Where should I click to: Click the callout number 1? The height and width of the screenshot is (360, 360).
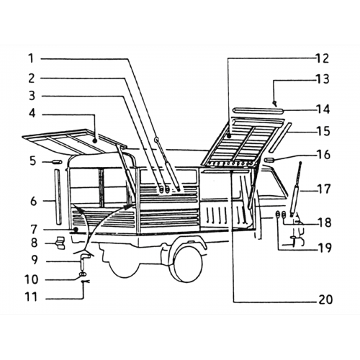point(31,58)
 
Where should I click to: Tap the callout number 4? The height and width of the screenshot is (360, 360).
point(32,113)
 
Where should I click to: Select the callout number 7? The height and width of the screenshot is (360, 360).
point(34,230)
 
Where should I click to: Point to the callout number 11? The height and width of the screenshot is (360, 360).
point(32,297)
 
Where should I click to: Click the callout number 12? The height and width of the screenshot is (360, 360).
point(323,58)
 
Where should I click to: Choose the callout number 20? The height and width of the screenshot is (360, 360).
point(325,300)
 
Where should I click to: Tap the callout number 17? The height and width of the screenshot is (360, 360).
point(324,189)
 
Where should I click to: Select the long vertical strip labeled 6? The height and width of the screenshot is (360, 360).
point(58,197)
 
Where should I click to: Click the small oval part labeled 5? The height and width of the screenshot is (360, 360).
point(57,162)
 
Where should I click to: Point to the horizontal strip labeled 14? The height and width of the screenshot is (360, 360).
point(258,110)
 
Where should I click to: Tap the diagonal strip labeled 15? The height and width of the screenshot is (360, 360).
point(280,138)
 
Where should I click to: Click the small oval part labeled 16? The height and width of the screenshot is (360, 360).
point(270,160)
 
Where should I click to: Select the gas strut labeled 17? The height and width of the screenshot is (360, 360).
point(295,189)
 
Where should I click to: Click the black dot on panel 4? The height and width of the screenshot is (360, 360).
point(95,141)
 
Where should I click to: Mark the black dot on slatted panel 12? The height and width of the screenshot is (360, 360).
point(229,136)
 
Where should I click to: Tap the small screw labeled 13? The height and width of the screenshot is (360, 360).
point(275,104)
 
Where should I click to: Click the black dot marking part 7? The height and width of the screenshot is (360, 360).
point(76,230)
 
